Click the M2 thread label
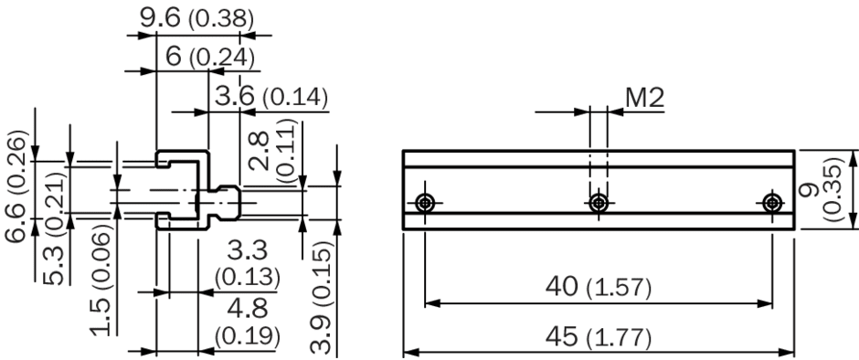tap(645, 98)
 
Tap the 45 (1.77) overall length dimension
tap(599, 337)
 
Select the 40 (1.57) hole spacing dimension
tap(599, 287)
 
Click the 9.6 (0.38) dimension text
tap(196, 19)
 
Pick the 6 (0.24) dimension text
tap(210, 57)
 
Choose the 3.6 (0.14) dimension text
tap(271, 97)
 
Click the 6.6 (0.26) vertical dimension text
tap(16, 185)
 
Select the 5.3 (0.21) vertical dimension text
tap(54, 228)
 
